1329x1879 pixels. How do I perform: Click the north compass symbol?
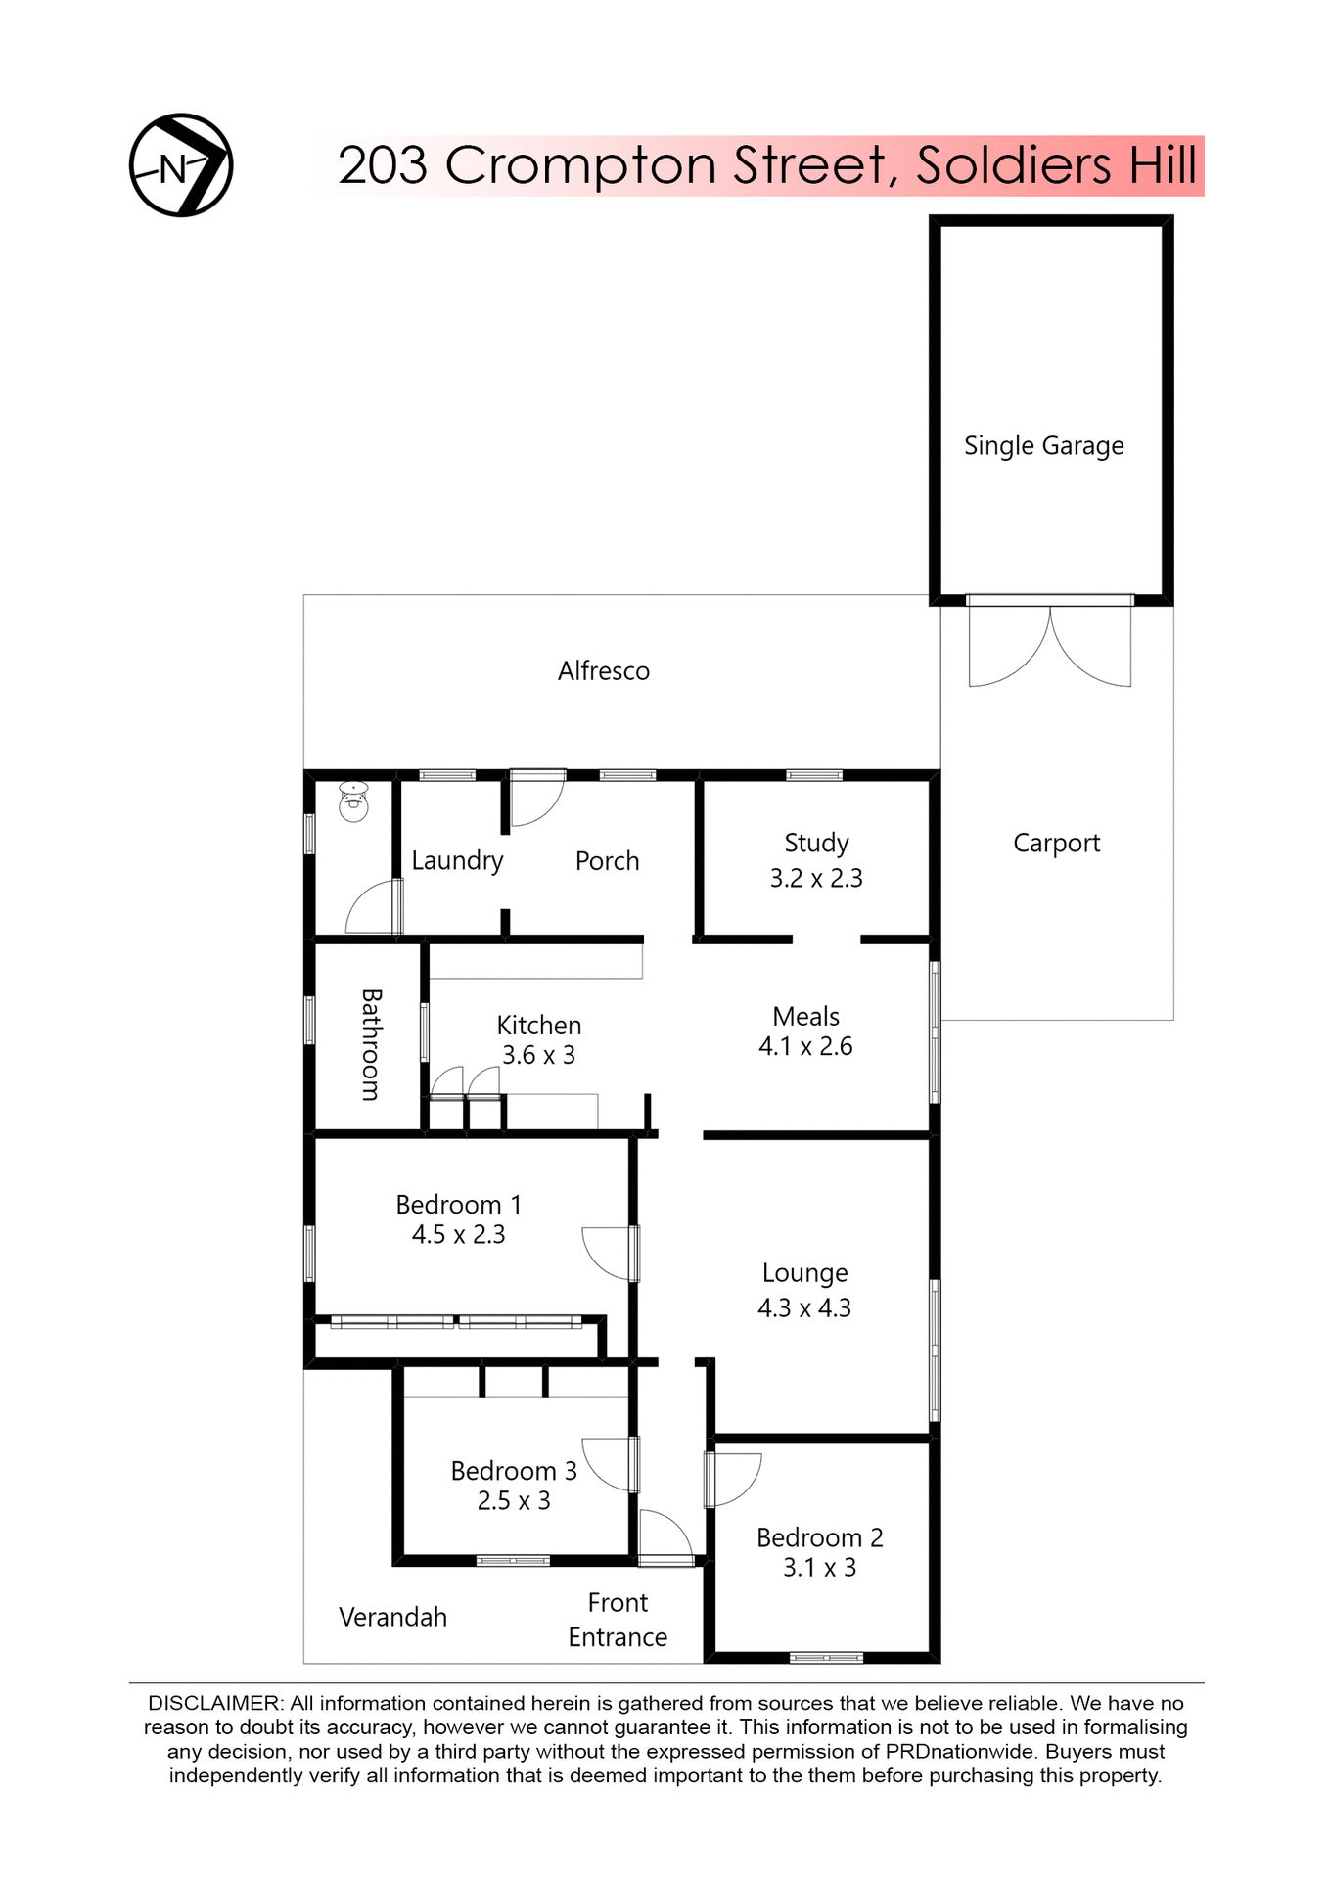(x=181, y=165)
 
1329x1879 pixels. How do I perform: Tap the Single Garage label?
(x=1043, y=446)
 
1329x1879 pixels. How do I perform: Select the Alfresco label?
(x=603, y=671)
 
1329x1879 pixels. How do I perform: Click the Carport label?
(x=1056, y=844)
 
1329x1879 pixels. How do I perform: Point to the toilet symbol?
(x=353, y=802)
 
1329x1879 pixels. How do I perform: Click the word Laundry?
(x=457, y=861)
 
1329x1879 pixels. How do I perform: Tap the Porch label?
(x=607, y=861)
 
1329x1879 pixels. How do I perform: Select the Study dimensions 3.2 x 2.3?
(x=816, y=879)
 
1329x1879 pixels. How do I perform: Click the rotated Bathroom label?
(x=371, y=1044)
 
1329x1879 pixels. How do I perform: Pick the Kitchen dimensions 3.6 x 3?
(x=538, y=1056)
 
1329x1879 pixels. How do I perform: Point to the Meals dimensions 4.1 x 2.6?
(x=805, y=1047)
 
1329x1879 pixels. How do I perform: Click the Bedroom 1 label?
(x=458, y=1205)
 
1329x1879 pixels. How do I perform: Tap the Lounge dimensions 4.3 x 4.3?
(x=804, y=1308)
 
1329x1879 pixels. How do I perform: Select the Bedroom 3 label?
(x=514, y=1471)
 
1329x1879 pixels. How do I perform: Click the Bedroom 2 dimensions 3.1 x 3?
(x=819, y=1568)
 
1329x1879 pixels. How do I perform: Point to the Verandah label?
(x=392, y=1618)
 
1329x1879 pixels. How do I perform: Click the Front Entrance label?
(x=618, y=1620)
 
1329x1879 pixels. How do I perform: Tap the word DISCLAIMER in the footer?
(x=214, y=1704)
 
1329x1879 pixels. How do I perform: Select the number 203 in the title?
(x=383, y=165)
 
